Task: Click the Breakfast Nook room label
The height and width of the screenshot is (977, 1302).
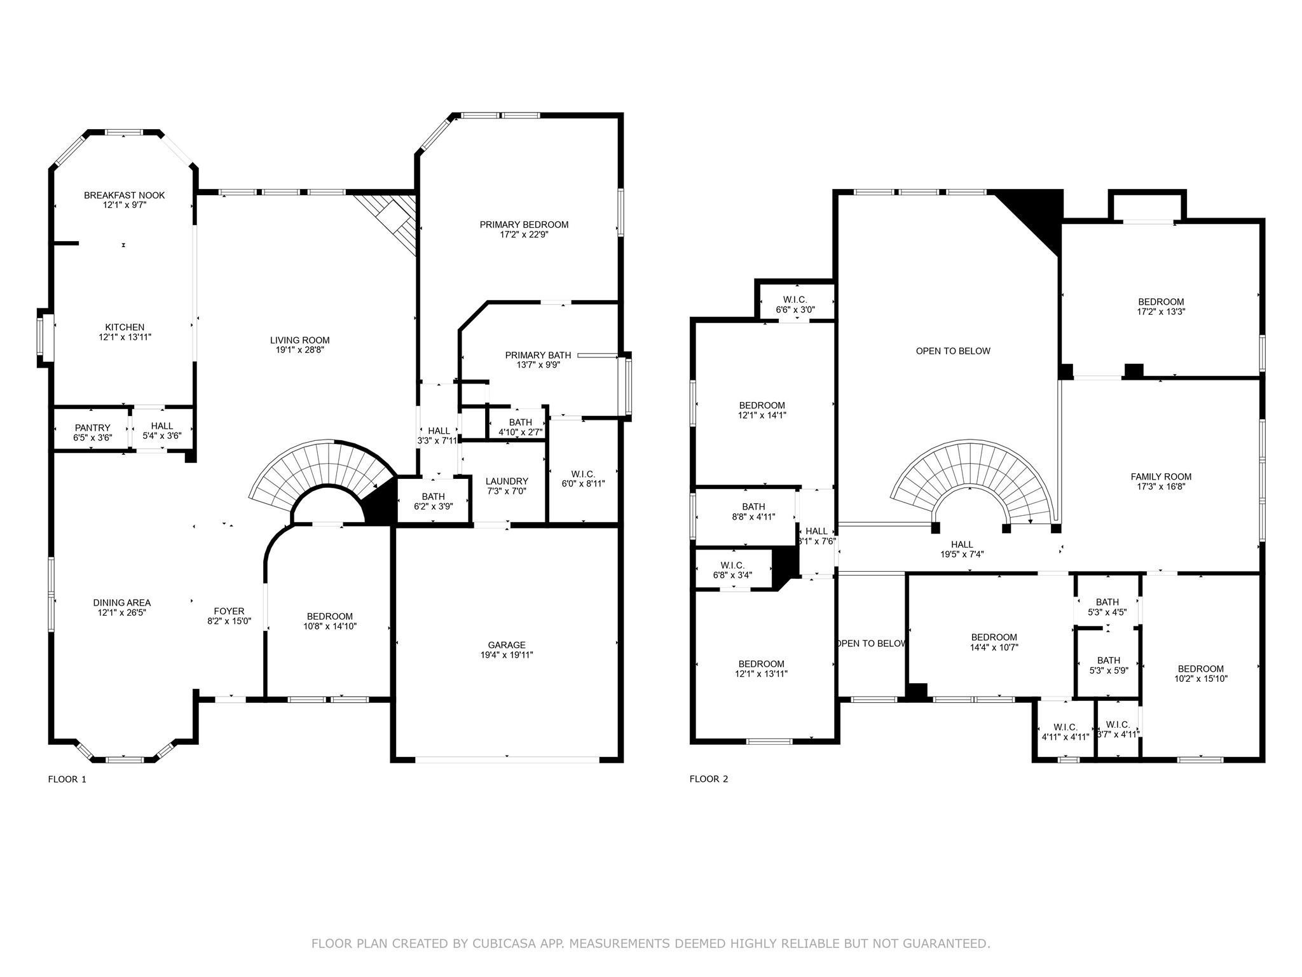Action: [x=124, y=195]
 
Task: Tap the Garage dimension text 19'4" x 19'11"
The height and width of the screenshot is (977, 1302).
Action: [x=507, y=655]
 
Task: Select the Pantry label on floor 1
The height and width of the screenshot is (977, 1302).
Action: [x=92, y=428]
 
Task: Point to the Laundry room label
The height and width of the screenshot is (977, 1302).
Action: [x=507, y=482]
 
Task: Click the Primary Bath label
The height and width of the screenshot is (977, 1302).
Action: [x=538, y=356]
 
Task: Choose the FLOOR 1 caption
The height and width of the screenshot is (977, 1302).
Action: [x=67, y=779]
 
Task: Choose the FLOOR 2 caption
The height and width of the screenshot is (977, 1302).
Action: [x=708, y=779]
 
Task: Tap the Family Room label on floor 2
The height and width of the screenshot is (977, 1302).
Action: [x=1161, y=477]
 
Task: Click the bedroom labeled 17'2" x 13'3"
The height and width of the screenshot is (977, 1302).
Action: [x=1161, y=302]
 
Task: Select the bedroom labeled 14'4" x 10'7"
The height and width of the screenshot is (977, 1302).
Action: [x=994, y=637]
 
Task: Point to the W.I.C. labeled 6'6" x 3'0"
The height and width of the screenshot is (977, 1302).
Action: [x=795, y=300]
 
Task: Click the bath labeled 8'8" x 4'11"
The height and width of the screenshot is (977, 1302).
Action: [x=753, y=507]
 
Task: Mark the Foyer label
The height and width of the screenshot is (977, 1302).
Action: [x=229, y=611]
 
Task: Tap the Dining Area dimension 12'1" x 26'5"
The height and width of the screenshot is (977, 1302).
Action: [x=122, y=613]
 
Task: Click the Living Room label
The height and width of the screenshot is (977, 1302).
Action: [x=299, y=340]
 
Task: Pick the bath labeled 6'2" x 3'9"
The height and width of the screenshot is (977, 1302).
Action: [x=433, y=497]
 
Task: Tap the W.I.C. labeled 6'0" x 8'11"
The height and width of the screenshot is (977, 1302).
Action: [x=582, y=475]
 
